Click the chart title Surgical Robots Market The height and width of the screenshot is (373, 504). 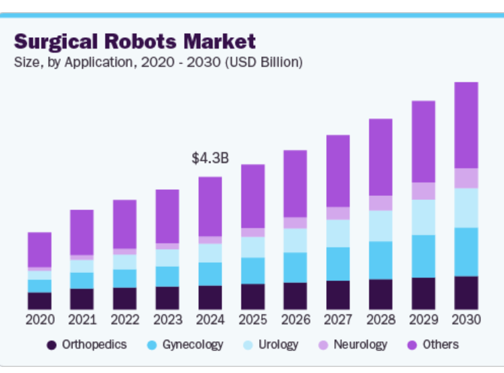click(135, 41)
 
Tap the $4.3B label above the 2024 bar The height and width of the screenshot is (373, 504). click(210, 158)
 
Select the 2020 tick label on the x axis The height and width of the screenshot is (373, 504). click(40, 320)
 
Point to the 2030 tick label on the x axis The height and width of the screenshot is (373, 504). click(466, 320)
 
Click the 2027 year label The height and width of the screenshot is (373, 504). click(338, 320)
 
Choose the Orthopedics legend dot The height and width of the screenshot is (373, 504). click(51, 345)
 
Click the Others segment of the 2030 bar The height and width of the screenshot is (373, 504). click(466, 125)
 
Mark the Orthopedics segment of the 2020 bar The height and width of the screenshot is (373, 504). click(40, 301)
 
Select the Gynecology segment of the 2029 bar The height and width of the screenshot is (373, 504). click(423, 256)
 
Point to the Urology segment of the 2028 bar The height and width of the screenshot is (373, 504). click(381, 226)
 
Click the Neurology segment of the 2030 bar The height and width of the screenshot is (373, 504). click(466, 178)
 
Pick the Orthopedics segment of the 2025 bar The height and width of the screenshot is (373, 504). click(253, 297)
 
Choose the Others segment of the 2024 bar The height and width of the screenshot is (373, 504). click(210, 206)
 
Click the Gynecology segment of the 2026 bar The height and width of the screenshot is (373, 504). click(296, 268)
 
